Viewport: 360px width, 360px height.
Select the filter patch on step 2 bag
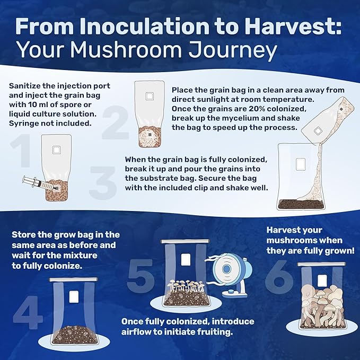(x=149, y=96)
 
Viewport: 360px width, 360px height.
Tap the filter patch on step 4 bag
(x=74, y=296)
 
